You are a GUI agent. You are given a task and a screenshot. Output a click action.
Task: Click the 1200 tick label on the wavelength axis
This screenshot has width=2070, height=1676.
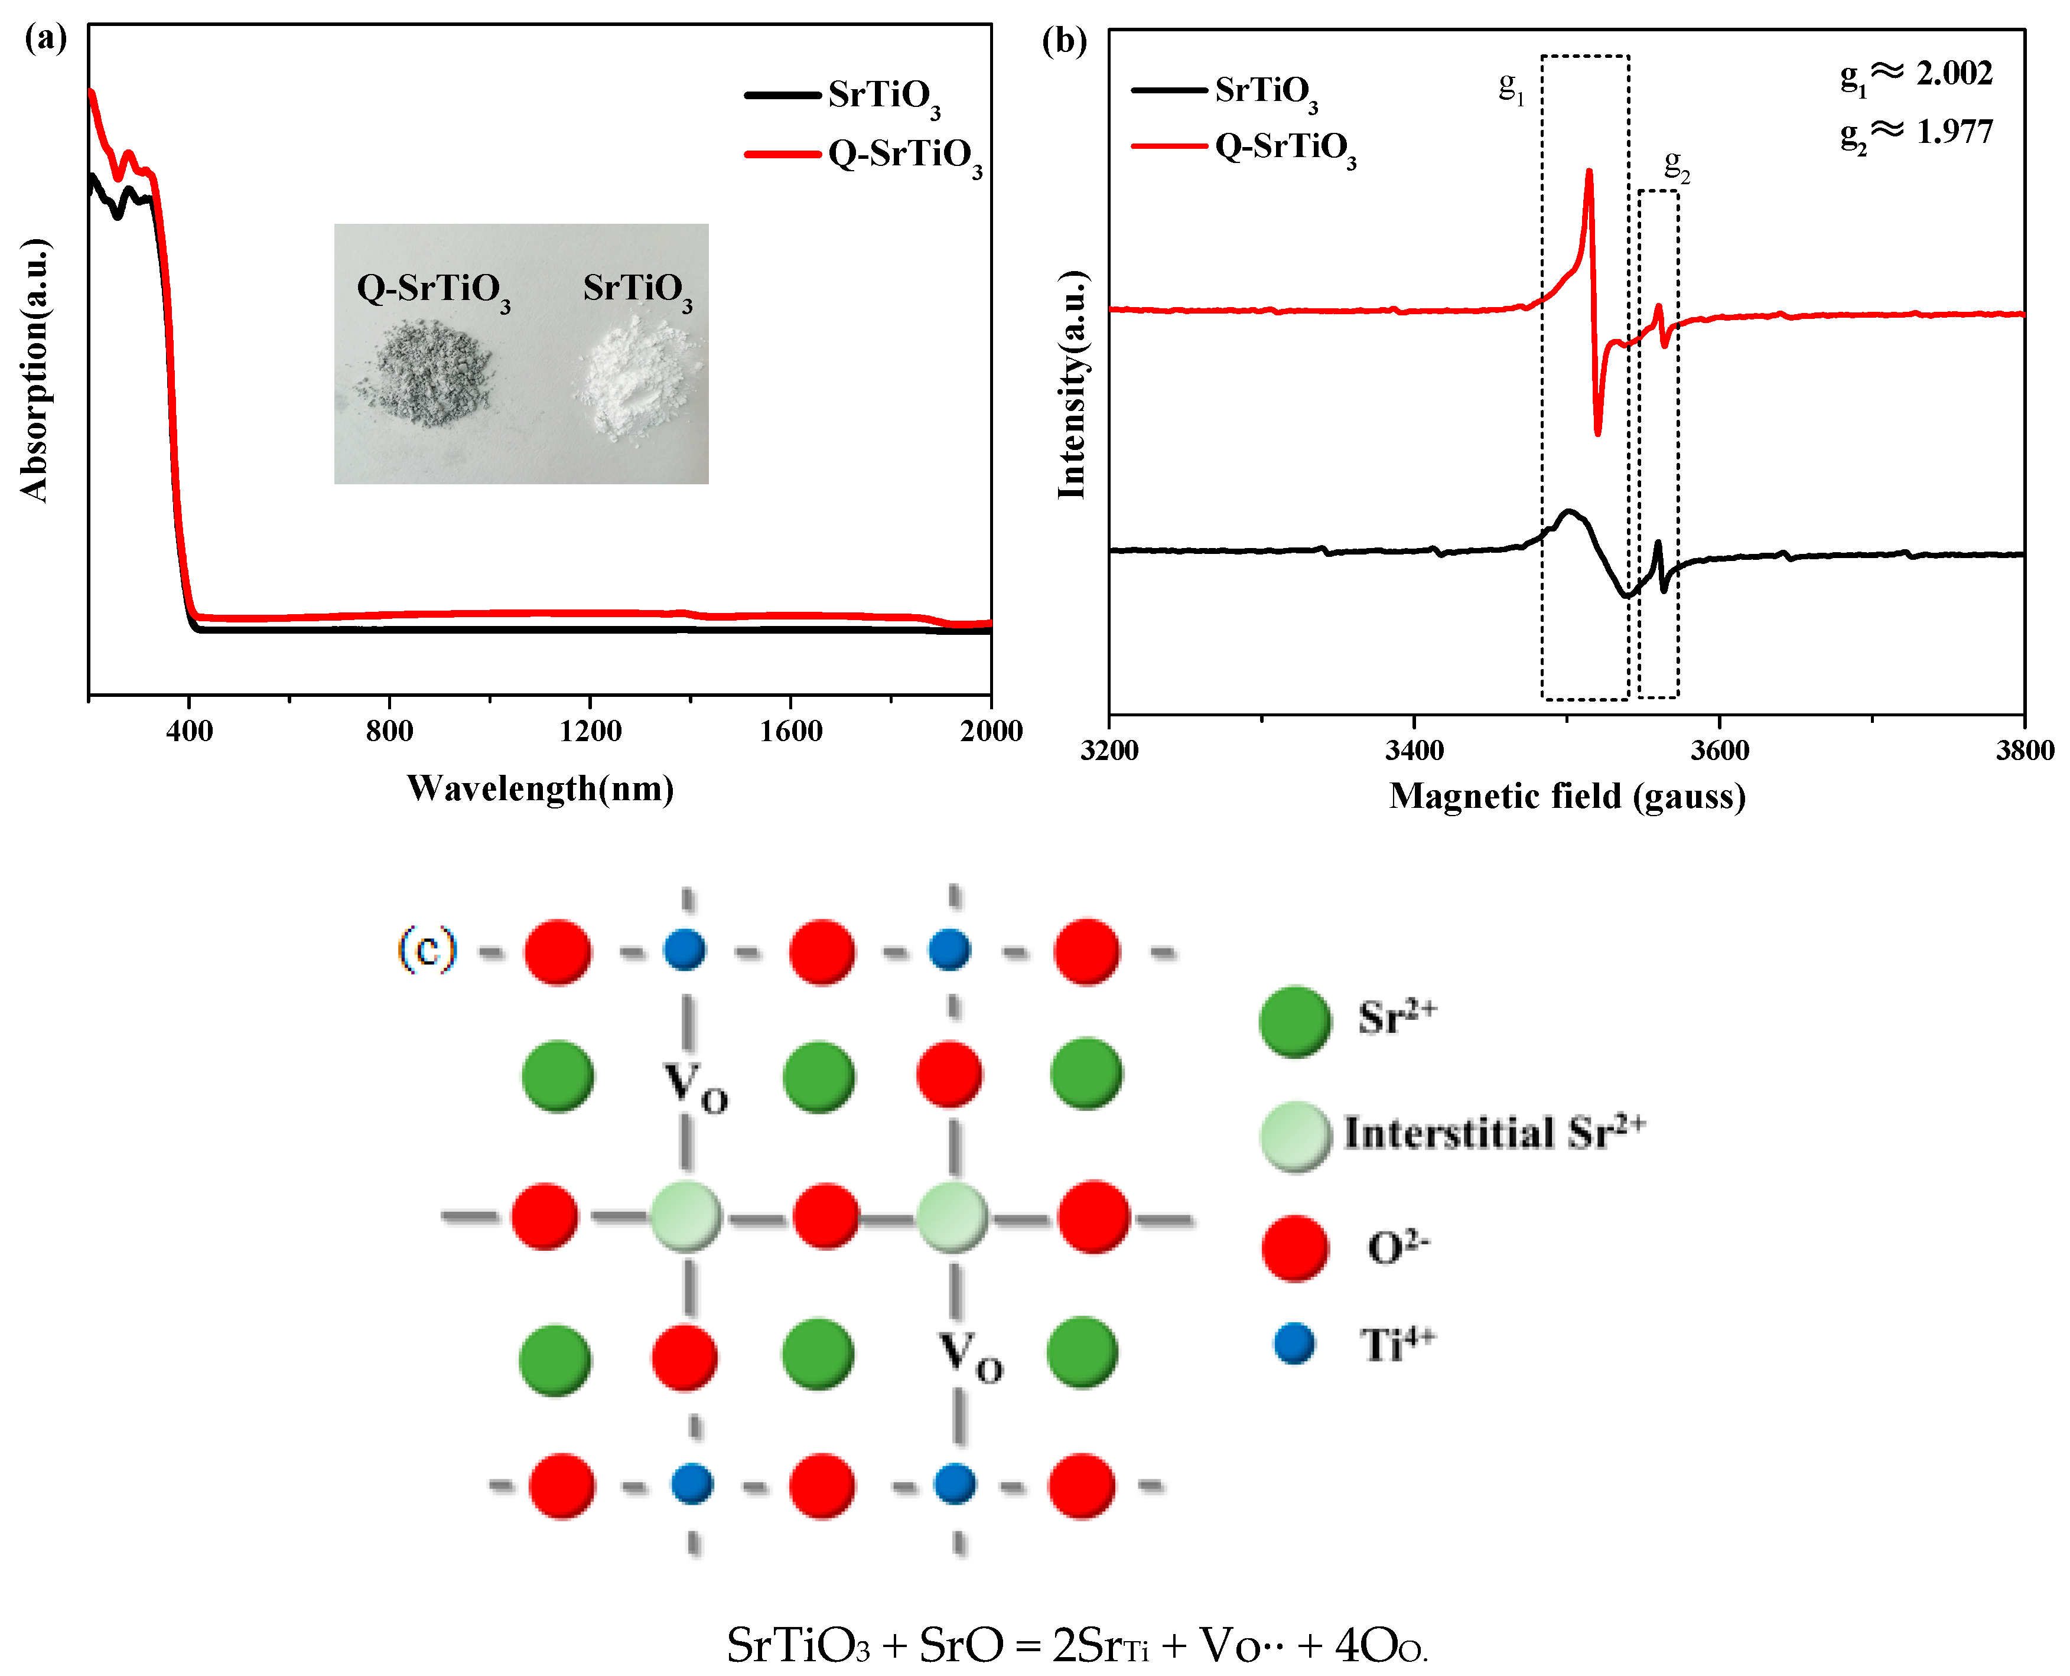coord(590,731)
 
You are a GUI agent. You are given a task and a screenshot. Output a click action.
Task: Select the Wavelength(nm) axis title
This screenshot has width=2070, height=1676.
coord(540,789)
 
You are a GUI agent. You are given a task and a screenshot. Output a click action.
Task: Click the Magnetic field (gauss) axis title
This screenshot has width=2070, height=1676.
coord(1567,797)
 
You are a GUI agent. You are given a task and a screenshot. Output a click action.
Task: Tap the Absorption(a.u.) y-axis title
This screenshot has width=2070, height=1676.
coord(35,370)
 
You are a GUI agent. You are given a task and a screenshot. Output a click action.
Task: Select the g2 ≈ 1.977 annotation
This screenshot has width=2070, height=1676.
coord(1916,132)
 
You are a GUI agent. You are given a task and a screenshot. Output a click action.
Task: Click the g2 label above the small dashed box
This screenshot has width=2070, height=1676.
coord(1676,166)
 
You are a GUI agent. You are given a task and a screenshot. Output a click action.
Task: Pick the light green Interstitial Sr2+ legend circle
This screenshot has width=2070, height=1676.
coord(1295,1136)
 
